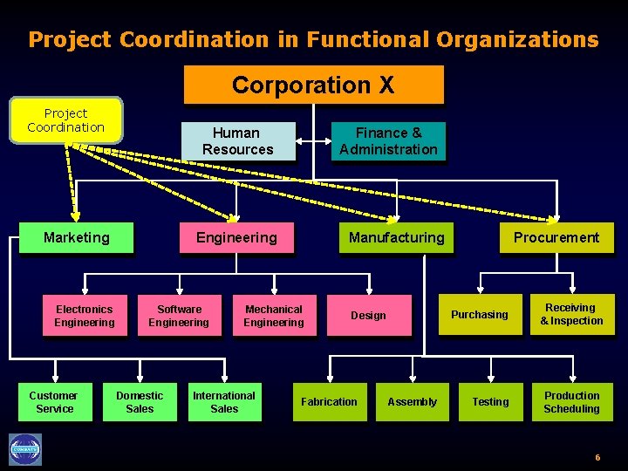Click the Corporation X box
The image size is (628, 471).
point(313,85)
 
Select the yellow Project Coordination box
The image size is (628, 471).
point(65,120)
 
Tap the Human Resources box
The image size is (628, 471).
point(237,141)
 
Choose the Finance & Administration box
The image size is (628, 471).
point(388,141)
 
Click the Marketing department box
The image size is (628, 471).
point(77,237)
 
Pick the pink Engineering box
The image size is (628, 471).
point(236,237)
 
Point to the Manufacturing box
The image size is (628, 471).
point(396,237)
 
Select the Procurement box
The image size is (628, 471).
point(556,237)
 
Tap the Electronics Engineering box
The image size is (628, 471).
point(84,316)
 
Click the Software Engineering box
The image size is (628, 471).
point(179,316)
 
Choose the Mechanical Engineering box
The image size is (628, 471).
point(274,316)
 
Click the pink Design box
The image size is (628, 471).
point(368,316)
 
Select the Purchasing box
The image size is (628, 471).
point(479,315)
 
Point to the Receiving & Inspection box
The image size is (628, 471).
point(572,315)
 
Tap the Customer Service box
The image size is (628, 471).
point(54,402)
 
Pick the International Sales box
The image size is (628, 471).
point(224,402)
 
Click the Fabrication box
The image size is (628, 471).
point(329,402)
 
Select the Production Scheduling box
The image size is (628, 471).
point(571,402)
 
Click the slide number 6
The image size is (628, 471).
point(597,458)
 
